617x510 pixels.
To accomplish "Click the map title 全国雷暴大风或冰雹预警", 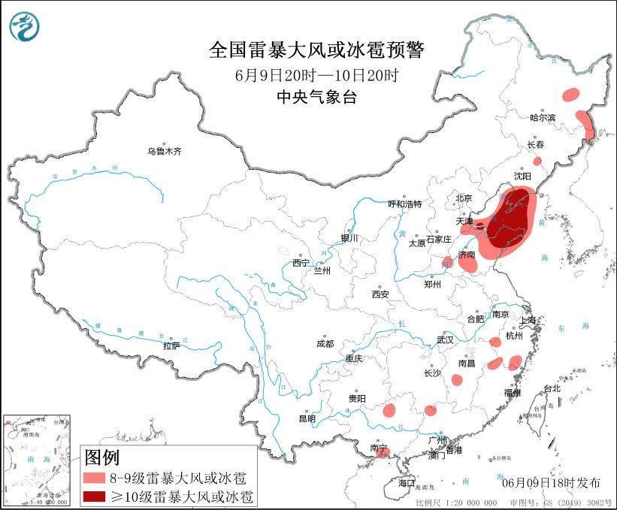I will tap(316, 50).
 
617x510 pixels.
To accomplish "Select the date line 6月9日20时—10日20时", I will tap(316, 75).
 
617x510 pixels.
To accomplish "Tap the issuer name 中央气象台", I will tap(316, 96).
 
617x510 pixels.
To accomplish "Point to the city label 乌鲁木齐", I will tap(165, 151).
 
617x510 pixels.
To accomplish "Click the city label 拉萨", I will tap(171, 346).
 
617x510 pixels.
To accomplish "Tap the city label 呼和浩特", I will tap(404, 204).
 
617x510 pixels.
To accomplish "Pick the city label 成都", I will tap(325, 344).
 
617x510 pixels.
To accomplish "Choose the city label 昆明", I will tap(307, 418).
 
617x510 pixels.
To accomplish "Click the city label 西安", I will tap(380, 294).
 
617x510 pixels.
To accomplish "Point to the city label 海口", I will tap(407, 481).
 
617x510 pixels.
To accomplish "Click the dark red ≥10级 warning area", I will tap(510, 218).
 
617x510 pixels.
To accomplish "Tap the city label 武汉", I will tap(445, 339).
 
